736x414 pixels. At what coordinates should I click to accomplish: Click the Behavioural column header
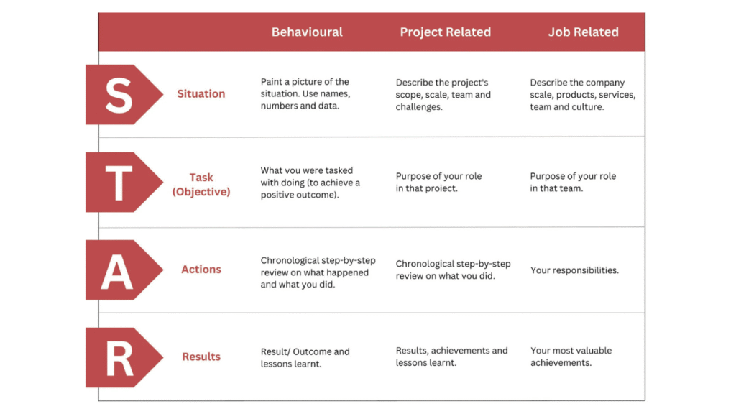[x=307, y=32]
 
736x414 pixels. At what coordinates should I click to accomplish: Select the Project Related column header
[x=445, y=32]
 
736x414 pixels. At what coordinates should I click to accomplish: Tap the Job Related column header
[x=583, y=32]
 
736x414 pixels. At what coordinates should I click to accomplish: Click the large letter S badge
[x=119, y=95]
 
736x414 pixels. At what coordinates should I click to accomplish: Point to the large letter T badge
[x=119, y=183]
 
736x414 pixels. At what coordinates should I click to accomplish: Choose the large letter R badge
[x=119, y=357]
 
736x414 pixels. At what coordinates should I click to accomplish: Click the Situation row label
[x=201, y=94]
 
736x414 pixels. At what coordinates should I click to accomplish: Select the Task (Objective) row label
[x=201, y=185]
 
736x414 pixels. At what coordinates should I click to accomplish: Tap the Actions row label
[x=201, y=270]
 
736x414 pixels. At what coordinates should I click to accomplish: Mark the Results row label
[x=201, y=356]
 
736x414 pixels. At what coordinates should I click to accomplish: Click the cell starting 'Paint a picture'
[x=305, y=94]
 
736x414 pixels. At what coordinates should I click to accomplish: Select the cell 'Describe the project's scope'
[x=443, y=95]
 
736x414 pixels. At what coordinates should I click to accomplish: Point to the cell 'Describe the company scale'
[x=582, y=95]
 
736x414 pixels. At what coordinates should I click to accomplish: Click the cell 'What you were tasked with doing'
[x=310, y=183]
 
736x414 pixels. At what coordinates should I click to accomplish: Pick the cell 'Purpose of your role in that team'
[x=573, y=182]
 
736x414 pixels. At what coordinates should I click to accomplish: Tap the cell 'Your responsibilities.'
[x=574, y=270]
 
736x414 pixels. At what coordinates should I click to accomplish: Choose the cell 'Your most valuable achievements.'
[x=571, y=356]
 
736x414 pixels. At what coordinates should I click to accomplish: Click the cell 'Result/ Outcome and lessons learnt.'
[x=305, y=357]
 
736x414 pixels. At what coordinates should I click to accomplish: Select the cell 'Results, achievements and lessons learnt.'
[x=451, y=356]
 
